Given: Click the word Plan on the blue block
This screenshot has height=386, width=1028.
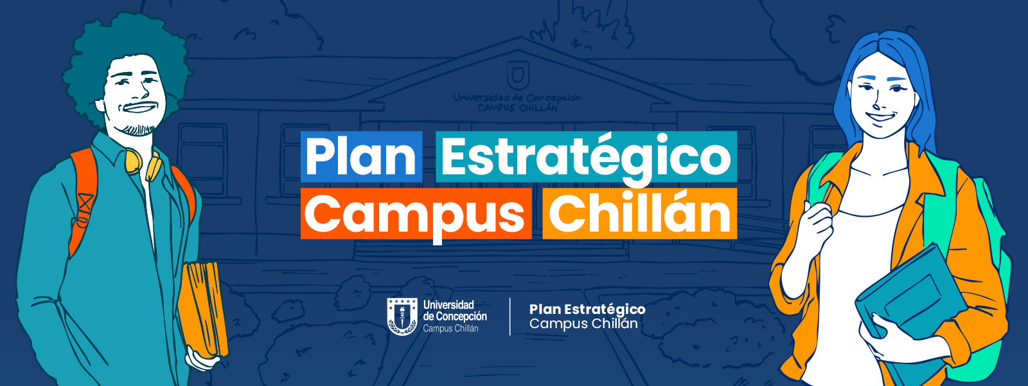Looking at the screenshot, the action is (361, 157).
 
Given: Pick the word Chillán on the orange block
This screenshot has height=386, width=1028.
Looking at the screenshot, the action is (640, 213).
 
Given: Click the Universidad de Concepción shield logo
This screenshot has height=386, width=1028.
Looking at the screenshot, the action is (402, 316).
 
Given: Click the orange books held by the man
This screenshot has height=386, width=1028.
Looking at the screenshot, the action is (202, 309).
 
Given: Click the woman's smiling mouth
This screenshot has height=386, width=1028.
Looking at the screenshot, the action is (880, 117).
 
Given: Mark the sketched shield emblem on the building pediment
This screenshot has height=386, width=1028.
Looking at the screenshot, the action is (518, 75).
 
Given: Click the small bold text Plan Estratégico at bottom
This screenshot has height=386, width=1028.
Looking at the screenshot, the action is (587, 309).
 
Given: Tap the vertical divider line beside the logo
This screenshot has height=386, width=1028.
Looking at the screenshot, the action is (510, 317).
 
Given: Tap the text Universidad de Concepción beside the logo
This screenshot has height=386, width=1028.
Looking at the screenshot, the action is (455, 310).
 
